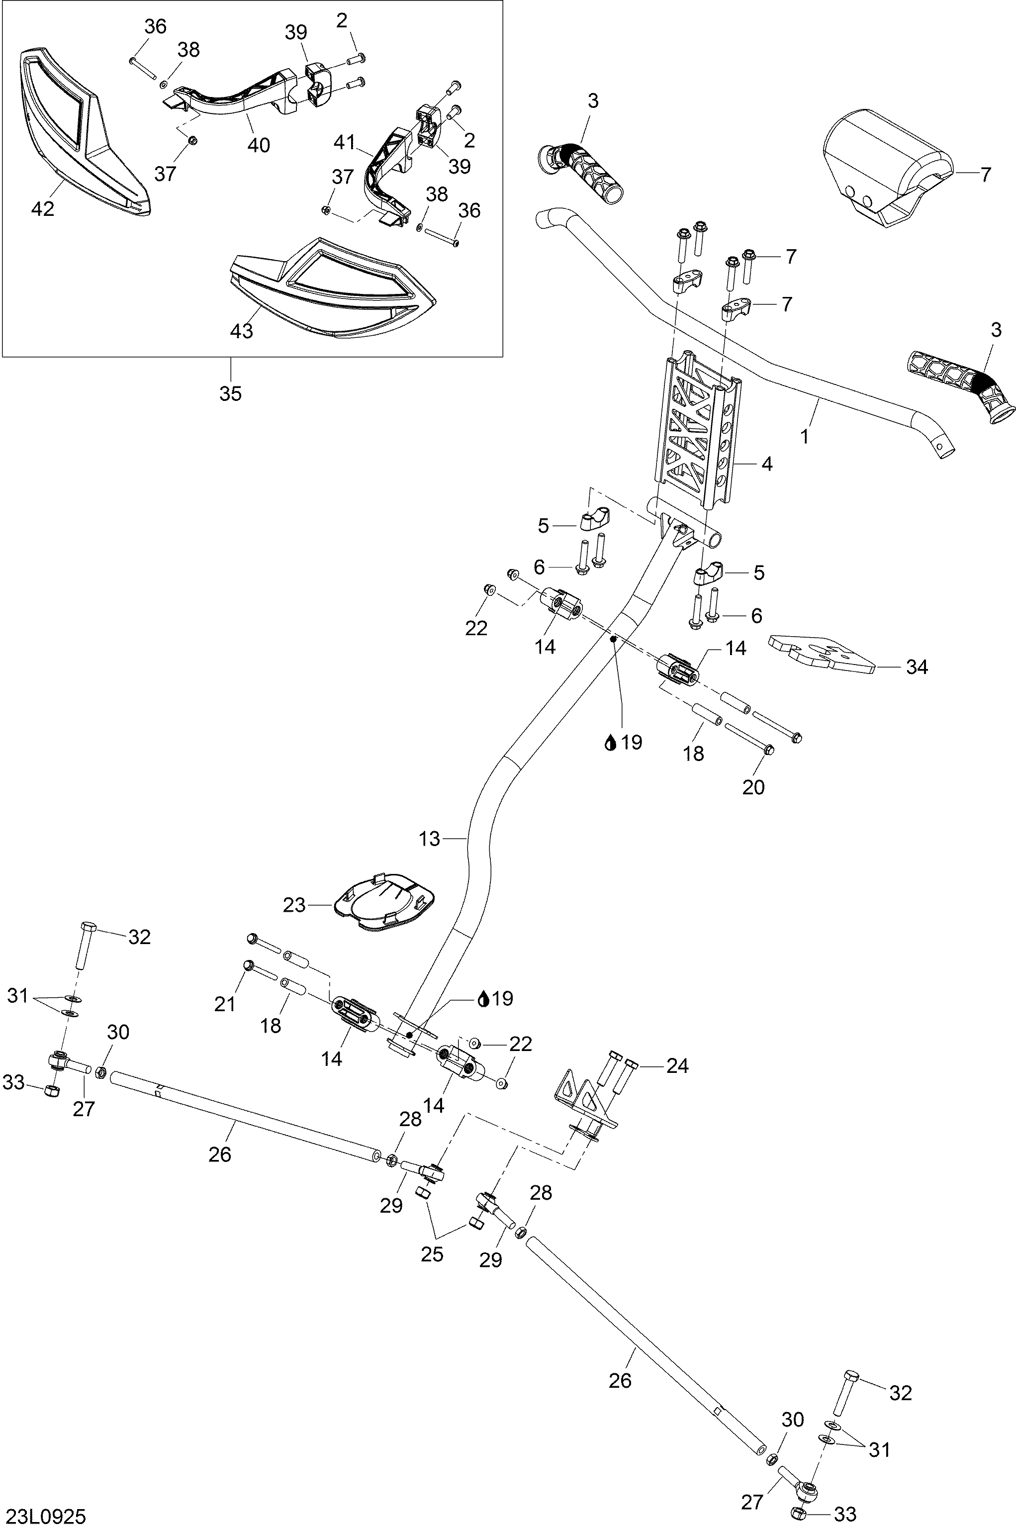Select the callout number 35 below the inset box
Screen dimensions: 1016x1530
click(x=230, y=393)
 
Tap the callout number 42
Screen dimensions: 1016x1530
click(x=42, y=209)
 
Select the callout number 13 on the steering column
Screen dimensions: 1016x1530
click(x=429, y=839)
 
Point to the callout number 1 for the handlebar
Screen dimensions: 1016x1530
click(x=804, y=437)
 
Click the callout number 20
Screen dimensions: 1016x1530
click(x=753, y=787)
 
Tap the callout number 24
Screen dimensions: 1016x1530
click(x=677, y=1065)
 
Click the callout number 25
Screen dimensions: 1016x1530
click(x=432, y=1254)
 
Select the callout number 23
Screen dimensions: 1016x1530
click(x=294, y=905)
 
